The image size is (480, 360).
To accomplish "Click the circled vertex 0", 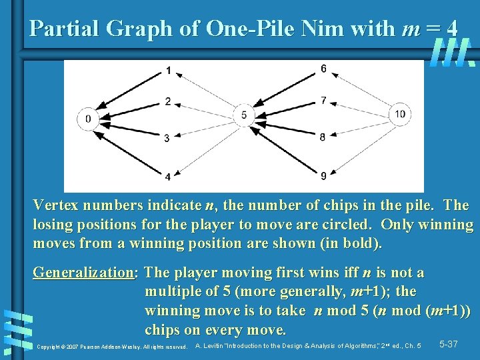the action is coord(88,119).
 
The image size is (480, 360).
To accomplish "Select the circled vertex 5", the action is coord(244,115).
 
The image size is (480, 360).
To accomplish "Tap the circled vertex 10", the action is coord(399,114).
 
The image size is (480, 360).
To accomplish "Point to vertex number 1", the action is coord(168,70).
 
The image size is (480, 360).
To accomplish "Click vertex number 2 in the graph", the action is coord(168,101).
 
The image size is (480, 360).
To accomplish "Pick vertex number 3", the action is coord(168,137).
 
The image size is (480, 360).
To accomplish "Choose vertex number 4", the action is coord(168,177).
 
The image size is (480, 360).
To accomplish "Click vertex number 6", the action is coord(323,69).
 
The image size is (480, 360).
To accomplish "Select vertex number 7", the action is coord(323,101).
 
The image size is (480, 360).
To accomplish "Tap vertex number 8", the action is coord(323,137).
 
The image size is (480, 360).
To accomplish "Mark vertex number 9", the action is coord(323,176).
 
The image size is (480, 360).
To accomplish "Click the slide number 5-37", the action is coord(448,344).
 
